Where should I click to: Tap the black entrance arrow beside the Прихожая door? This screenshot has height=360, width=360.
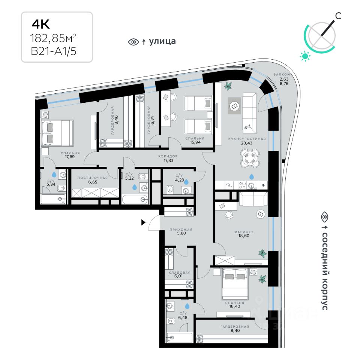[x=143, y=223]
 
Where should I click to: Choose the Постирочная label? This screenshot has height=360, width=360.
[x=92, y=178]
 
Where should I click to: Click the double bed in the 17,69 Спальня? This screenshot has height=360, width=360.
[x=57, y=133]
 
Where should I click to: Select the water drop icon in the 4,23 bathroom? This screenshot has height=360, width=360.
[x=186, y=182]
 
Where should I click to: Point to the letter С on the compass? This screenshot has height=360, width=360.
[x=338, y=15]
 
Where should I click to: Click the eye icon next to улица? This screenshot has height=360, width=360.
[x=133, y=42]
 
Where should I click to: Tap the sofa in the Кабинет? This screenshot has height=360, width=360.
[x=253, y=199]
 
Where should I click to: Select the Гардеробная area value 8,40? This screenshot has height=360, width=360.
[x=235, y=331]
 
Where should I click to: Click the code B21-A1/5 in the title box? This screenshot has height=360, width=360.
[x=54, y=51]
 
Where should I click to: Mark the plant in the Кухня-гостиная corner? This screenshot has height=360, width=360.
[x=228, y=87]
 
